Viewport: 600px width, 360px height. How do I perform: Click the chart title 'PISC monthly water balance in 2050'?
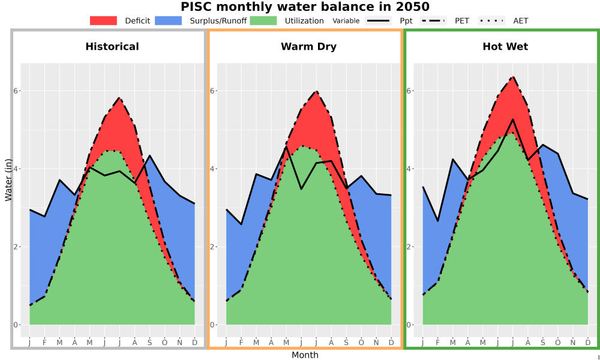point(305,7)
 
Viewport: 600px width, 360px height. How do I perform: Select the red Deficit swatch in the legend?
point(103,20)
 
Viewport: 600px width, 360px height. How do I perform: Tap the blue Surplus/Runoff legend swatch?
point(169,20)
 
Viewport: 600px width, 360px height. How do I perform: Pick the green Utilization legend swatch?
point(263,20)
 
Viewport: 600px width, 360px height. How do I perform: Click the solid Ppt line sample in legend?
point(378,20)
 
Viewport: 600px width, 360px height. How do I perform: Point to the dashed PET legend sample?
point(433,20)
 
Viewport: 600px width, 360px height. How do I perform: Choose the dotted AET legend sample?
point(491,20)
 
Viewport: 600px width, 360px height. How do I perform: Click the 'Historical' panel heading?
point(112,47)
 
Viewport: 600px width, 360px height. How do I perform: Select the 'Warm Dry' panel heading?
point(309,47)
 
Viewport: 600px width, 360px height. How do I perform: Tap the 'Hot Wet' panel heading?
point(505,47)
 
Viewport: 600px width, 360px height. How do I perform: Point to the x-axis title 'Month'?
point(305,355)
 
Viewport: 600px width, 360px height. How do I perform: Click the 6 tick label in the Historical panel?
point(16,91)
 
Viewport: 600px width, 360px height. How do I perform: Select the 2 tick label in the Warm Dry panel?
point(213,247)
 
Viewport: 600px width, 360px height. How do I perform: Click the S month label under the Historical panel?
point(149,343)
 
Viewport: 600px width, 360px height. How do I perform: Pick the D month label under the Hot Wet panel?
point(588,343)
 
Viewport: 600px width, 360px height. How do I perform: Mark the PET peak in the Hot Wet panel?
point(513,77)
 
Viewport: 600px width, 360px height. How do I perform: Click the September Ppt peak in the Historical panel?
point(149,155)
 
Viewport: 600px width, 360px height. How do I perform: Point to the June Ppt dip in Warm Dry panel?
point(301,189)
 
